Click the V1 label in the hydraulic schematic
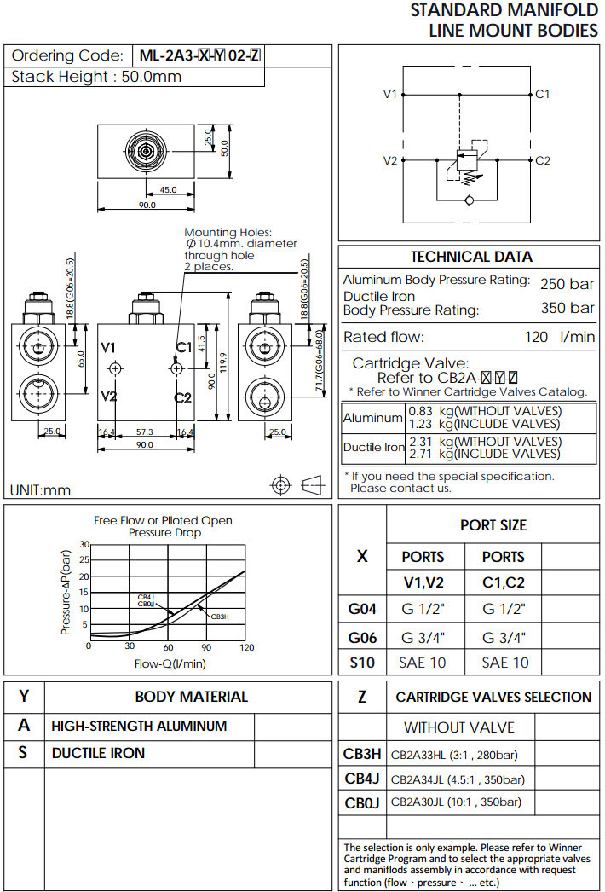tap(390, 94)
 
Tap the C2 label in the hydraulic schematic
tap(543, 160)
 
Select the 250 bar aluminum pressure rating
tap(567, 284)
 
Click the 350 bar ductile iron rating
tap(567, 308)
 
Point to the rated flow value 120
tap(536, 337)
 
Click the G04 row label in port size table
tap(362, 609)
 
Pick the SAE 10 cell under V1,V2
tap(423, 663)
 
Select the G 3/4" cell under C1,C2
tap(504, 637)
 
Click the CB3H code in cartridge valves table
tap(362, 754)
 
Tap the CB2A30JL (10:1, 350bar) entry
tap(456, 802)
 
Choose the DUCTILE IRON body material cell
tap(98, 753)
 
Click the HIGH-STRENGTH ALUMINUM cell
tap(139, 727)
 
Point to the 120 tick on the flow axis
tap(246, 647)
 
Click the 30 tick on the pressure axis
tap(84, 544)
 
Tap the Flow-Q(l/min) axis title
tap(170, 663)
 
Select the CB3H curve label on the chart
tap(219, 617)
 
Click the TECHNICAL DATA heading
tap(471, 257)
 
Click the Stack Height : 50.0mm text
tap(96, 77)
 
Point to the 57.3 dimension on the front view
tap(144, 433)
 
